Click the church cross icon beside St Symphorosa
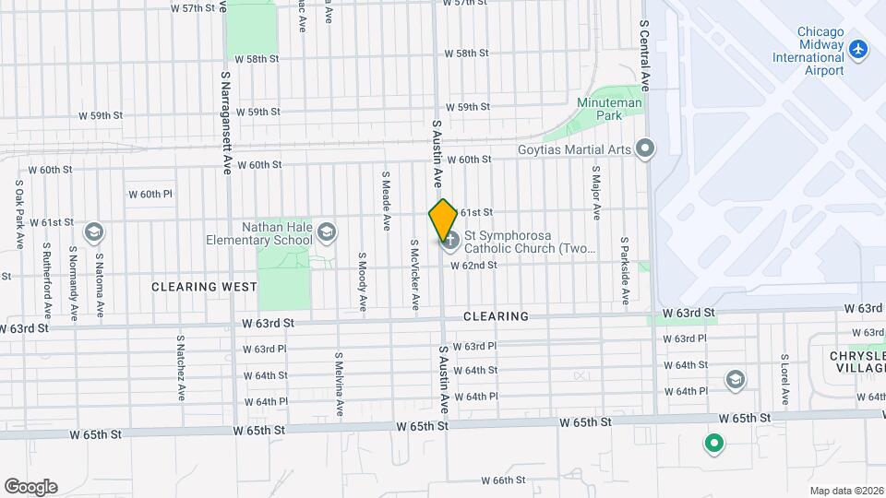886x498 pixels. point(450,242)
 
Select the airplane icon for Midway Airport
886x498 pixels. point(859,48)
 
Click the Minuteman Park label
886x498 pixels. point(596,109)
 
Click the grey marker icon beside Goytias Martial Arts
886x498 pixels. point(645,148)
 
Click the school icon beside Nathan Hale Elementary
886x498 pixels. point(326,231)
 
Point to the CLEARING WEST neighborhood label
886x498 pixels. point(205,287)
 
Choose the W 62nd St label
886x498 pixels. point(473,266)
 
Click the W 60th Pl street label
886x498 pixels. point(150,195)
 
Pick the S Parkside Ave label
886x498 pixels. point(625,268)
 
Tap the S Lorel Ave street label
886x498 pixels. point(784,378)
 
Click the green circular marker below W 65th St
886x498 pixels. point(713,445)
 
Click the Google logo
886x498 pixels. point(30,486)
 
